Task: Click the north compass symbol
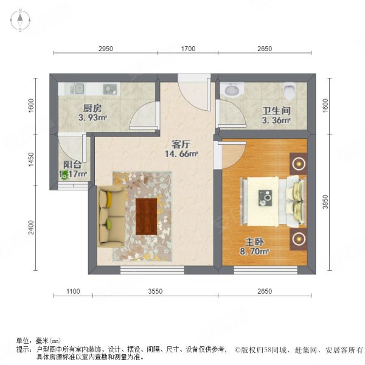[19, 21]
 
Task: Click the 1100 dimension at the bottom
[72, 292]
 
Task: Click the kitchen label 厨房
[92, 109]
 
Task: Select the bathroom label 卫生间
[276, 111]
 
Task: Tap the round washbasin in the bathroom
[232, 90]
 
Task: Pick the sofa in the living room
[111, 215]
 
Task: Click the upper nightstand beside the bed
[299, 162]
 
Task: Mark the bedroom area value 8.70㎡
[255, 250]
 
